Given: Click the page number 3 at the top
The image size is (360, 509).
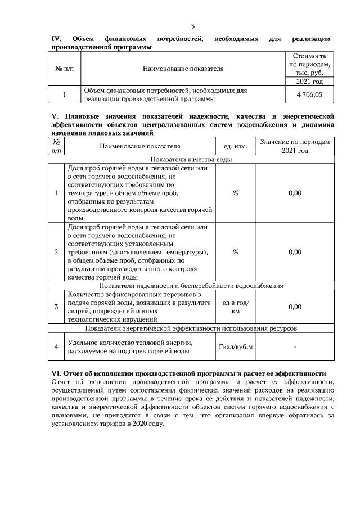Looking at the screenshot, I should pyautogui.click(x=192, y=26).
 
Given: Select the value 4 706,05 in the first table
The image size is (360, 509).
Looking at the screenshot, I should pyautogui.click(x=309, y=94).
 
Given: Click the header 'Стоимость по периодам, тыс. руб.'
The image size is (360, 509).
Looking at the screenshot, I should pyautogui.click(x=309, y=64).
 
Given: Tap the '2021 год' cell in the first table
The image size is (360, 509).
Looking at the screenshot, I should pyautogui.click(x=309, y=82).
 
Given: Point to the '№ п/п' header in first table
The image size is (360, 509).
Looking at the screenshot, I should pyautogui.click(x=64, y=69).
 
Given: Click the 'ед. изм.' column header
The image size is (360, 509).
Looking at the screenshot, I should pyautogui.click(x=235, y=146).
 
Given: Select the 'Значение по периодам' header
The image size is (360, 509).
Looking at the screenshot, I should pyautogui.click(x=295, y=141).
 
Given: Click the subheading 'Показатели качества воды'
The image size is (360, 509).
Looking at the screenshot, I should pyautogui.click(x=191, y=159).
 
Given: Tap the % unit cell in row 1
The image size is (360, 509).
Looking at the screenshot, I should pyautogui.click(x=235, y=192).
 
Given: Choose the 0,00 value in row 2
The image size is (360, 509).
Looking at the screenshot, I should pyautogui.click(x=295, y=252).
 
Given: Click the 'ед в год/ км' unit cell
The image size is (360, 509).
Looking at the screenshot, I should pyautogui.click(x=235, y=307).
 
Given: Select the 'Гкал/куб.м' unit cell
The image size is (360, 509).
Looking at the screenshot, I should pyautogui.click(x=235, y=346).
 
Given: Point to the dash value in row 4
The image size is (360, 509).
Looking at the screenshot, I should pyautogui.click(x=295, y=346).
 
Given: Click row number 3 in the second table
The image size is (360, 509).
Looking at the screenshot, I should pyautogui.click(x=56, y=307).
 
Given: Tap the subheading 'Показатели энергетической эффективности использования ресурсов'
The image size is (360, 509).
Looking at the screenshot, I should pyautogui.click(x=191, y=328).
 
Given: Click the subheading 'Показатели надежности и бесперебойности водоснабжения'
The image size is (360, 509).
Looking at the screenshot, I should pyautogui.click(x=191, y=286).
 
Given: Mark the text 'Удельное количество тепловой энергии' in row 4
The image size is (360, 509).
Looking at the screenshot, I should pyautogui.click(x=130, y=342).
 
